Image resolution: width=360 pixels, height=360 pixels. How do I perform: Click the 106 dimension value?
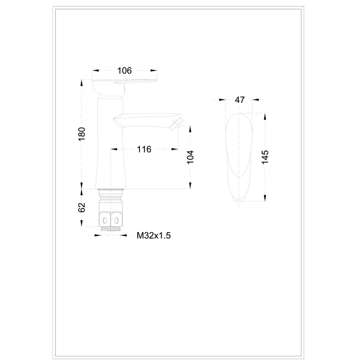pos(125,71)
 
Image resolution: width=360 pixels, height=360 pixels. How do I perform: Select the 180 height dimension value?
pos(82,134)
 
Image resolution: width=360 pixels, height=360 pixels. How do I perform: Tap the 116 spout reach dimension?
pos(144,149)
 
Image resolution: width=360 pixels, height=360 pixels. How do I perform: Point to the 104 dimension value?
pos(190,157)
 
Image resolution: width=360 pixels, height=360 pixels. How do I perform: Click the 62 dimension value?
pos(82,207)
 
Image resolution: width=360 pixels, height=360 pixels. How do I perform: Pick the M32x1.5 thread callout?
pos(153,235)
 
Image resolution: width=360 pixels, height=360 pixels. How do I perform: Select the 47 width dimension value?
pos(240,100)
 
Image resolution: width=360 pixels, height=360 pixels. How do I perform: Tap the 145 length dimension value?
pos(265,157)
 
